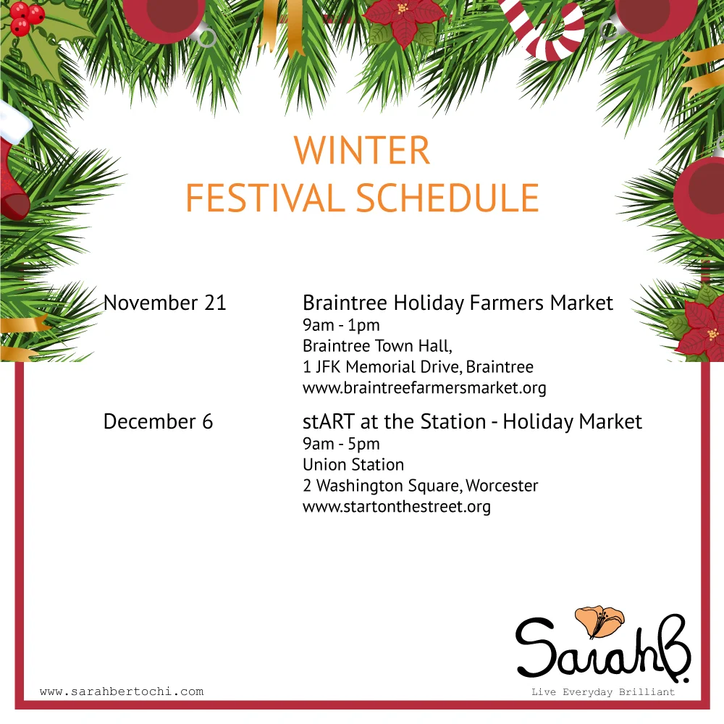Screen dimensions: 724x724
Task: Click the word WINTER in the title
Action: [x=362, y=150]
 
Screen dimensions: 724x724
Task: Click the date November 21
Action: [x=165, y=303]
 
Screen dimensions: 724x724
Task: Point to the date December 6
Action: [x=158, y=421]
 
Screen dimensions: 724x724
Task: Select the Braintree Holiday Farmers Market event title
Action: [x=458, y=303]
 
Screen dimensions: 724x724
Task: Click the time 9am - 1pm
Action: [x=341, y=325]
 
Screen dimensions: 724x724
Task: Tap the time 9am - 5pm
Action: [x=341, y=444]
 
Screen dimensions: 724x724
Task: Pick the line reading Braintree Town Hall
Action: [x=377, y=346]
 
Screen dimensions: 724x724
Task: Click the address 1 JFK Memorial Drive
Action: [x=418, y=367]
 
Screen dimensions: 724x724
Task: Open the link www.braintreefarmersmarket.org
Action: [x=424, y=388]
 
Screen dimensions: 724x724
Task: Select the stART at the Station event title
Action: [x=472, y=421]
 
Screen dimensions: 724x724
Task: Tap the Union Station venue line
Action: [x=353, y=464]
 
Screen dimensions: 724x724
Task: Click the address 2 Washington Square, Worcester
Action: [x=420, y=485]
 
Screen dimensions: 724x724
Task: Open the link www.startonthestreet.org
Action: [x=397, y=506]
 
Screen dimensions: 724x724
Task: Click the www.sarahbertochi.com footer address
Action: [x=122, y=691]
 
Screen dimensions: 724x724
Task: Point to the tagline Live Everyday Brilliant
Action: [x=602, y=692]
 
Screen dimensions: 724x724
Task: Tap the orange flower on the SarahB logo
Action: [x=599, y=621]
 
